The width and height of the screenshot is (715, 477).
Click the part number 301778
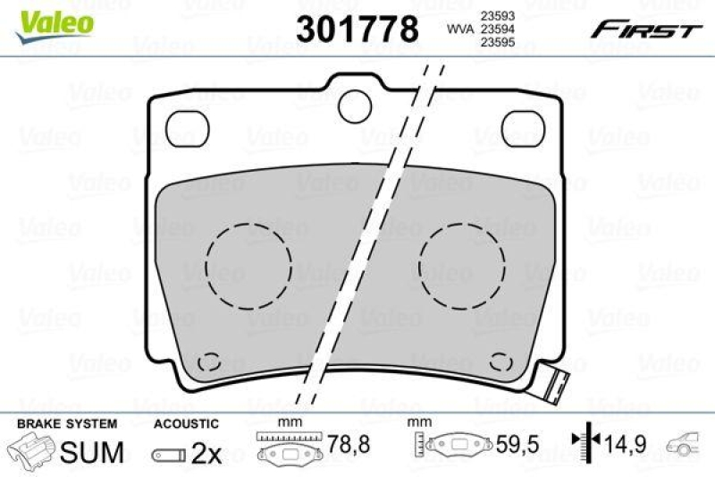(357, 30)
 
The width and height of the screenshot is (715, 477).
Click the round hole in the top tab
(359, 99)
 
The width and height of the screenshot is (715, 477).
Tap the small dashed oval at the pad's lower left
(208, 362)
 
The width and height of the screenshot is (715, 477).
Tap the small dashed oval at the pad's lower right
(501, 362)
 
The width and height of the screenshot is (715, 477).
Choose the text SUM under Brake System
(92, 452)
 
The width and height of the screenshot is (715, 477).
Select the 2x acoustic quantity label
(206, 453)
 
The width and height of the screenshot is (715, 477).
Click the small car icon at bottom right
(686, 441)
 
